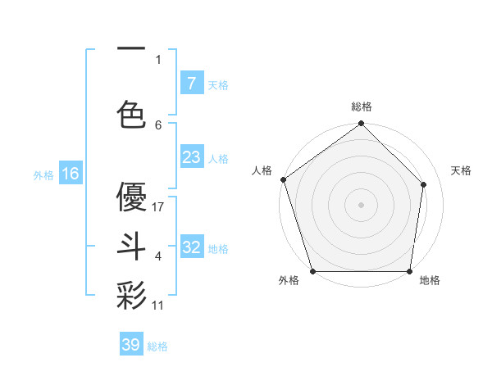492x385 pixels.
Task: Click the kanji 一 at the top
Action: [131, 49]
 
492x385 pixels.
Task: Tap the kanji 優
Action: [131, 197]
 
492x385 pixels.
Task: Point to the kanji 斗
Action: [131, 246]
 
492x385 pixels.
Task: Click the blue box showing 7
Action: [191, 83]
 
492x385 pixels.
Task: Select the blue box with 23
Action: [191, 156]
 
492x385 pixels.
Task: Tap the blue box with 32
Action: [191, 247]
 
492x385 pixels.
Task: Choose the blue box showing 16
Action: [70, 173]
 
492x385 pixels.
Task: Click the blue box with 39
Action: [131, 345]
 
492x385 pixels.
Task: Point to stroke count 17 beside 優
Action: [159, 206]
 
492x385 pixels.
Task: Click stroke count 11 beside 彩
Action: [158, 305]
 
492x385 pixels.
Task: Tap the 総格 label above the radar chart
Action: [361, 106]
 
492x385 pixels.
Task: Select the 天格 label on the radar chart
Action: [461, 170]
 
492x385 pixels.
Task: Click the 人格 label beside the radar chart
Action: [262, 170]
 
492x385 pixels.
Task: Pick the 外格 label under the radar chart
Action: [289, 281]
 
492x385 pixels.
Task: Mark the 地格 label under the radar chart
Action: [430, 281]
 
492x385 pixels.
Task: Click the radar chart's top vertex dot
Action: [361, 124]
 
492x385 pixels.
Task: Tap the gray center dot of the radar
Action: [361, 205]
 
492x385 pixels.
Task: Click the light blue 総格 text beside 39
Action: [157, 346]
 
